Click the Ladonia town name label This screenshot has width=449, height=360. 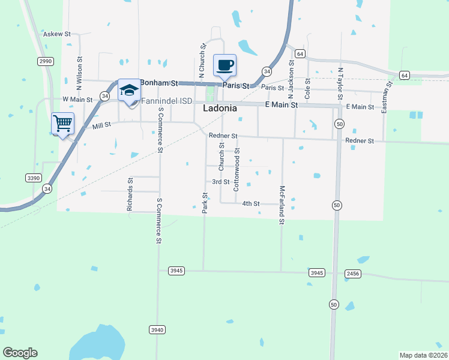click(219, 109)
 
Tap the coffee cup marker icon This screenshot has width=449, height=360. click(224, 65)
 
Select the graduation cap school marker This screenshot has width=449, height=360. click(129, 91)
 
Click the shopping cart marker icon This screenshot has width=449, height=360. click(63, 123)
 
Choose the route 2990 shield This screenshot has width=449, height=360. click(46, 61)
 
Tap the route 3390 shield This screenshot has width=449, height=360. click(34, 178)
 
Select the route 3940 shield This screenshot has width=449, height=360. click(157, 329)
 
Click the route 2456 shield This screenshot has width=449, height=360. click(354, 273)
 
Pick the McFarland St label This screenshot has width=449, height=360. click(282, 205)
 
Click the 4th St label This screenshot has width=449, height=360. click(250, 204)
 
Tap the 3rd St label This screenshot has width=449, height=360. click(220, 182)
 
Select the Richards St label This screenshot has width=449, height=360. click(130, 194)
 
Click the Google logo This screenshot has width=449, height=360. click(20, 353)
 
